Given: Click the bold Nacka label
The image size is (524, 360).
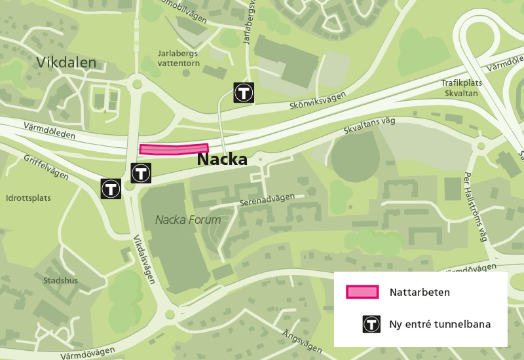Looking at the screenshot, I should (x=222, y=159).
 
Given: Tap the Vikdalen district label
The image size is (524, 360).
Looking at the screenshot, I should (x=66, y=63).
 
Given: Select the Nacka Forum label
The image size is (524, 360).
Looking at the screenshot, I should (x=188, y=220).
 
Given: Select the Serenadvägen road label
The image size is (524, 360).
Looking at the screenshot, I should (x=267, y=200).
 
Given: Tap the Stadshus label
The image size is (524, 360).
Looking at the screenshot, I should (x=60, y=281).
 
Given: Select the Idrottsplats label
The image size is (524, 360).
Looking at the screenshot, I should (x=28, y=198).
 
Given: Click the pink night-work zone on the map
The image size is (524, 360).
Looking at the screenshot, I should (x=174, y=150).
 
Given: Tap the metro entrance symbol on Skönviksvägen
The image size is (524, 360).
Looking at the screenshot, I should (x=244, y=93).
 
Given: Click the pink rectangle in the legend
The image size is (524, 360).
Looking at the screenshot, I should (x=363, y=292).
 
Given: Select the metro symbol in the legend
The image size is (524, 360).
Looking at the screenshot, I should (x=371, y=324).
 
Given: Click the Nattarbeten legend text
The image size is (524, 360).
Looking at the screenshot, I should (x=419, y=292).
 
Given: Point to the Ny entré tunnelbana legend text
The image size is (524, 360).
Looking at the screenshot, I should (x=440, y=324).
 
